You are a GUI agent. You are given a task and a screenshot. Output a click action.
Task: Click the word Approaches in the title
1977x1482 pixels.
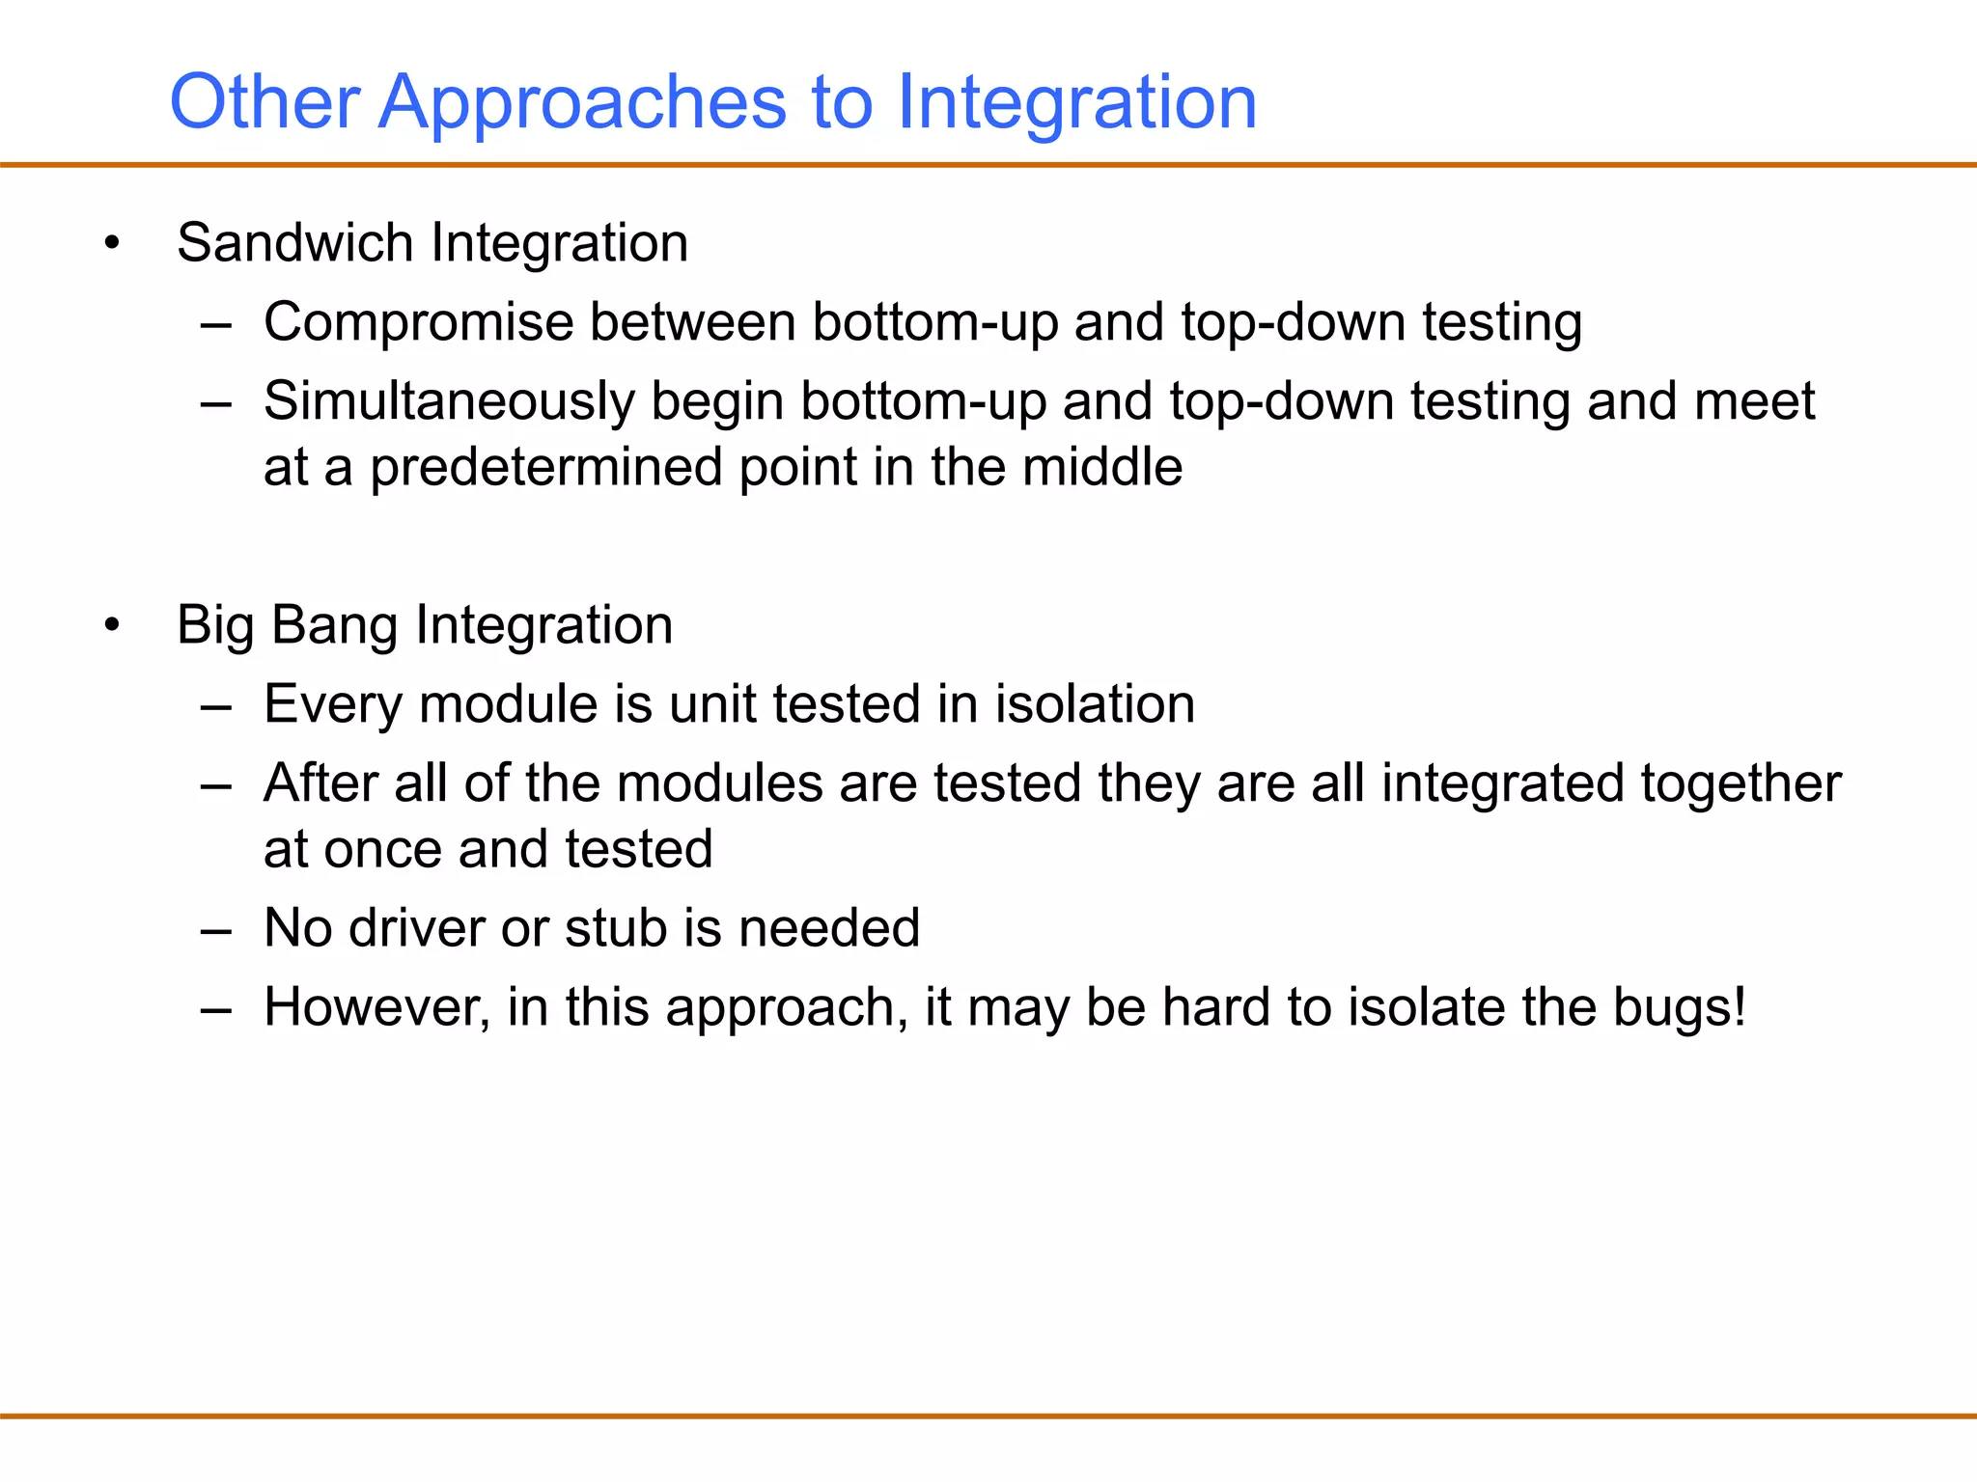[x=582, y=102]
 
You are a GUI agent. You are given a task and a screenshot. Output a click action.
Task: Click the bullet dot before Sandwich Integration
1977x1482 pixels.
[x=113, y=243]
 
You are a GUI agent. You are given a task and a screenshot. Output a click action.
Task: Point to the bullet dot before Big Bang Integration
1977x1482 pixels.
[x=113, y=625]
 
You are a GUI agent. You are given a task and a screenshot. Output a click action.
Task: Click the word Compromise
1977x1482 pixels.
[x=418, y=322]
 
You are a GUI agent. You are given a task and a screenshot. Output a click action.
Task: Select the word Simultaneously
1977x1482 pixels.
[x=449, y=401]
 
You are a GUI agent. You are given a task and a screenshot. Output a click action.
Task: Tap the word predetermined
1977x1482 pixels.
[x=546, y=468]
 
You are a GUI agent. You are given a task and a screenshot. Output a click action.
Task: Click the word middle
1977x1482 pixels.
[x=1101, y=467]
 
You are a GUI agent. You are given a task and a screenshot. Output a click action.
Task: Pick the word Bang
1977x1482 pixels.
[x=334, y=625]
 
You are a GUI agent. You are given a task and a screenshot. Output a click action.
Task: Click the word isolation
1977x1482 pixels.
[x=1095, y=703]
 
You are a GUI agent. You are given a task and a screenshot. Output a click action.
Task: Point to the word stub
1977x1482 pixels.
[x=615, y=928]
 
